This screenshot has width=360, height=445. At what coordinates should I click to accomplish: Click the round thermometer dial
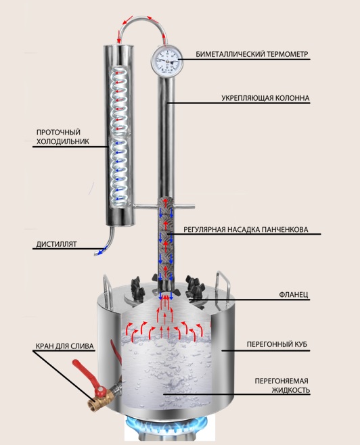point(166,60)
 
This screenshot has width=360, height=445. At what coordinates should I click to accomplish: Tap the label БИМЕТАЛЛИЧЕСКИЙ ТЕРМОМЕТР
point(252,54)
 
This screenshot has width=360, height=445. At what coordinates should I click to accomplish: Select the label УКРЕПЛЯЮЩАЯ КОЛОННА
point(265,98)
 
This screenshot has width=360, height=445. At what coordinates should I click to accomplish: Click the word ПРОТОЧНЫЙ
point(58,132)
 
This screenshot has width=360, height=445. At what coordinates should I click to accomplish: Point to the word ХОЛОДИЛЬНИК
point(63,141)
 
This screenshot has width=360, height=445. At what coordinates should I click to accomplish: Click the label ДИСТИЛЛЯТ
point(56,244)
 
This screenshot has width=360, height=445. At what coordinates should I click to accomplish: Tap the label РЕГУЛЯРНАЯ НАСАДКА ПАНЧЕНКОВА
point(246,229)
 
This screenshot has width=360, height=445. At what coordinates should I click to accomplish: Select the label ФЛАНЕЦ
point(294,295)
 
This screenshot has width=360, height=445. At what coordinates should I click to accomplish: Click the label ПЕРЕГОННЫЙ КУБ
point(277,344)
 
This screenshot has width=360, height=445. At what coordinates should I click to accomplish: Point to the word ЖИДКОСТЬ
point(291,390)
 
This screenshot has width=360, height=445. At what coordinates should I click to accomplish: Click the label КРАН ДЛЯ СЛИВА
point(65,346)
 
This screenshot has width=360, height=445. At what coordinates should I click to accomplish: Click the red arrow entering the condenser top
point(118,39)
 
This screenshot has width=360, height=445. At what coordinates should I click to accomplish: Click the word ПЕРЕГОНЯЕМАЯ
point(281,380)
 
